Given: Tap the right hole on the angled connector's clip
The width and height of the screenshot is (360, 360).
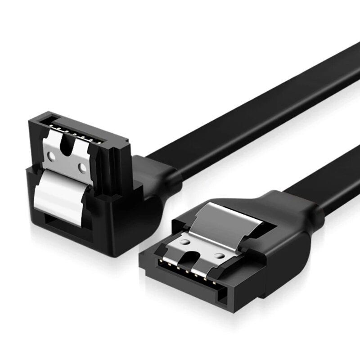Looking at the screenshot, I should coord(82,168).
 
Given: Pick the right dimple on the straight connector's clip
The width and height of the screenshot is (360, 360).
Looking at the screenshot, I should coord(218,256).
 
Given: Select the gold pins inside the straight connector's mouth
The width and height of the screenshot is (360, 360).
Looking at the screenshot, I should coord(184,270).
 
